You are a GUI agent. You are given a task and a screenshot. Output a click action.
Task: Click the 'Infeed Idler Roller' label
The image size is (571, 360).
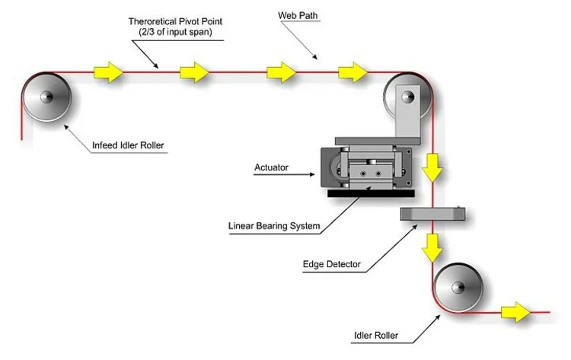128,145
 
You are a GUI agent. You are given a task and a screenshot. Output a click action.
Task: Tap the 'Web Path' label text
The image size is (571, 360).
298,16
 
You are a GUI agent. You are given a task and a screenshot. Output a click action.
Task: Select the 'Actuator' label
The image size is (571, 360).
271,167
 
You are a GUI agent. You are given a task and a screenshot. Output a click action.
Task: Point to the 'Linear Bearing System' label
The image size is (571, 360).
274,226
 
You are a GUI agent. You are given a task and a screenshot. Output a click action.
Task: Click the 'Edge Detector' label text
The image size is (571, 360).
332,264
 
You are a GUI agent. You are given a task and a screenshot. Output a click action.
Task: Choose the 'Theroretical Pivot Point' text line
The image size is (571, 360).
175,21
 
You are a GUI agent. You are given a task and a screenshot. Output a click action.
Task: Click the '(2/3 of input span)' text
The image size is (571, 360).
175,32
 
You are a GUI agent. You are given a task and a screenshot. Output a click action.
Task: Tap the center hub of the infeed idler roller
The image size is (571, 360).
46,97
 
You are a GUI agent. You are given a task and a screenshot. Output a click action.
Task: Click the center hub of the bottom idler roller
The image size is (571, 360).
458,287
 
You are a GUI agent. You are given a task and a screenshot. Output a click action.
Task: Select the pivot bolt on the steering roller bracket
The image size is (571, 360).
408,97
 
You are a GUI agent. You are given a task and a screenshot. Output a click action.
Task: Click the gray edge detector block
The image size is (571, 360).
432,214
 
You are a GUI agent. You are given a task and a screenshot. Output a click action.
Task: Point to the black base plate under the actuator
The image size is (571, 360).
371,193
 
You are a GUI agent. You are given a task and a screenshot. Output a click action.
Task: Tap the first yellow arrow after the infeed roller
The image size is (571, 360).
109,72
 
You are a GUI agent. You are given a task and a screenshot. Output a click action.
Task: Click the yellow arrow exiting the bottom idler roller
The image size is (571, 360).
515,312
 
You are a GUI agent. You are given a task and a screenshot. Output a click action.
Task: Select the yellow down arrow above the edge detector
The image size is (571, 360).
432,167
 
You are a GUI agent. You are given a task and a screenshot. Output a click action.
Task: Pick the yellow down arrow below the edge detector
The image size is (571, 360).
432,248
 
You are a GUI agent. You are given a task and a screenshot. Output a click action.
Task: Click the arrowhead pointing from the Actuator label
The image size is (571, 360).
311,174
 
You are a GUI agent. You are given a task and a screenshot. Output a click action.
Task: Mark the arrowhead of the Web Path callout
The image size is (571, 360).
315,57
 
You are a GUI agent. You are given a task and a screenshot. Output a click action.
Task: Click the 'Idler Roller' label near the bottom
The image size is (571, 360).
376,336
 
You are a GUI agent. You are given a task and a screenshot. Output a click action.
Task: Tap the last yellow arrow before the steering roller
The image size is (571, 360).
352,72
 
